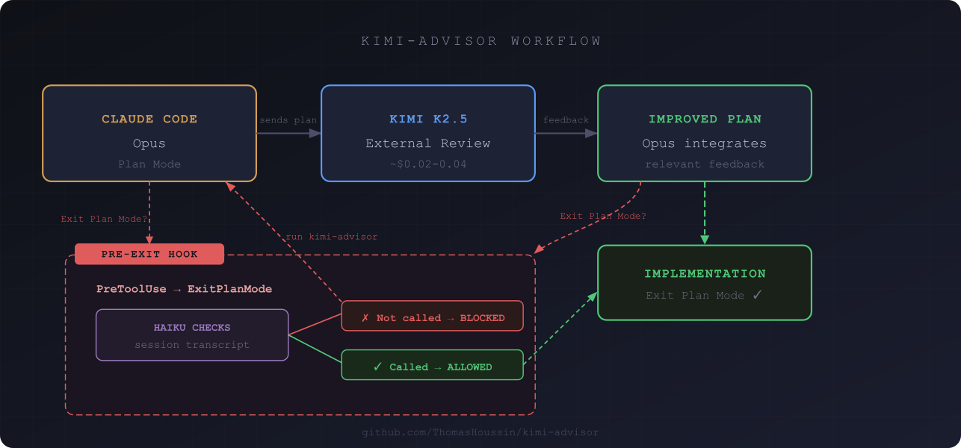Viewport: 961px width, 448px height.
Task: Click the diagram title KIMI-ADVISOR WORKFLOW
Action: (x=481, y=41)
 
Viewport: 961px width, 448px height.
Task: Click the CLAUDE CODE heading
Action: (x=149, y=119)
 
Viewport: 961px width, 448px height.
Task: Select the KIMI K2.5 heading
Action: (x=427, y=119)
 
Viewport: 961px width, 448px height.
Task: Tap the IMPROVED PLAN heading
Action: (x=705, y=119)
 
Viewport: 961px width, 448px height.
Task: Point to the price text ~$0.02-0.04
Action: (x=427, y=164)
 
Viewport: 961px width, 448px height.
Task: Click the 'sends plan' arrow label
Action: (x=288, y=120)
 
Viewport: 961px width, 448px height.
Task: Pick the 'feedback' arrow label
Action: (x=566, y=120)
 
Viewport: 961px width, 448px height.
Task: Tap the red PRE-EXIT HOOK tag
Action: (x=149, y=254)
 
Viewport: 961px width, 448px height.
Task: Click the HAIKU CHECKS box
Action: (x=192, y=335)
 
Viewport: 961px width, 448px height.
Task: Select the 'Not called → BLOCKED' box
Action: (x=432, y=316)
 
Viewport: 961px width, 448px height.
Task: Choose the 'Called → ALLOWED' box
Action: (x=432, y=365)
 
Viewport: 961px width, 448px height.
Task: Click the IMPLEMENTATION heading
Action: (x=705, y=274)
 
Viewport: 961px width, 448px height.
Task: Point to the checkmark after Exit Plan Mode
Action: (x=757, y=295)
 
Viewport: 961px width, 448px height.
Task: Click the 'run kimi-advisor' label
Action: (x=332, y=237)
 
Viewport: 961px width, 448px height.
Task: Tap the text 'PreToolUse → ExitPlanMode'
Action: (x=184, y=289)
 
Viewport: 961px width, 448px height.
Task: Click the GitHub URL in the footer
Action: (x=480, y=432)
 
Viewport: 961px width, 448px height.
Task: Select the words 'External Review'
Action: (x=427, y=143)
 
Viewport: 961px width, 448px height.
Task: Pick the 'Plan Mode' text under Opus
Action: (x=149, y=164)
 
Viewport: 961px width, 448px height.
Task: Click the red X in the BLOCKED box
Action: (x=365, y=317)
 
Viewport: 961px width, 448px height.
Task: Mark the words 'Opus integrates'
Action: (x=705, y=143)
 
